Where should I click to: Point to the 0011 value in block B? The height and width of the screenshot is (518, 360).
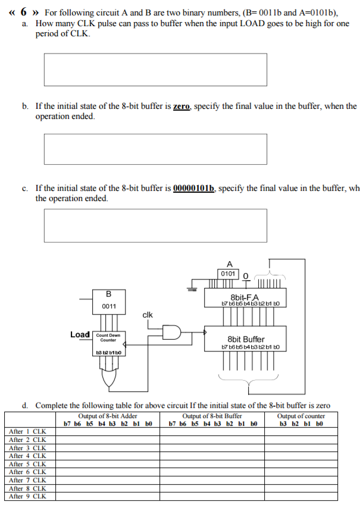(x=108, y=306)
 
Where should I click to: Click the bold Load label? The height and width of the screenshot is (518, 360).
(x=80, y=335)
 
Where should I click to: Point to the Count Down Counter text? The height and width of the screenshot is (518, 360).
(x=108, y=337)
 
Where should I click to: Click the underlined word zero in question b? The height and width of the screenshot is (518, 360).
(x=181, y=106)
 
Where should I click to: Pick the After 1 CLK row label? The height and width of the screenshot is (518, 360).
(x=28, y=431)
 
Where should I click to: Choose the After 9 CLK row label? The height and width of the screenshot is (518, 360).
(x=28, y=495)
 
